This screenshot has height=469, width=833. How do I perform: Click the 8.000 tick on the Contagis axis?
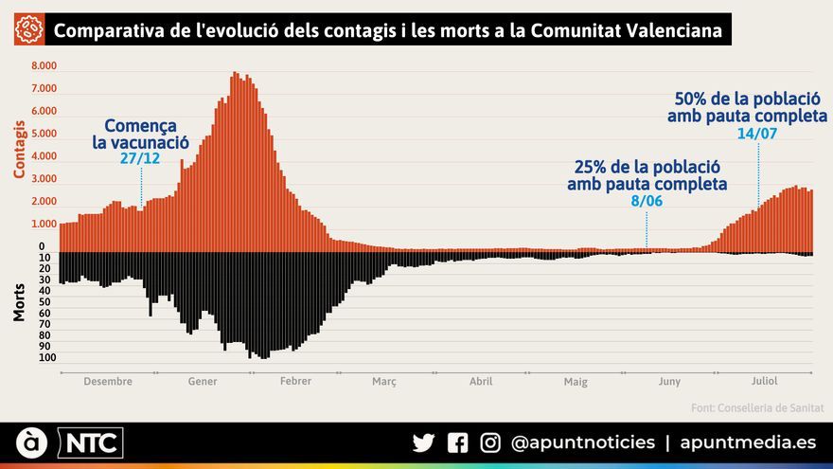(44, 66)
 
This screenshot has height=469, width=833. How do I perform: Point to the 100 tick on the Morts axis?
(47, 358)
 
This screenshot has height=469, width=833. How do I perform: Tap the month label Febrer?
(294, 381)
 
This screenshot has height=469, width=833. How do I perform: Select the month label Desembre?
(108, 381)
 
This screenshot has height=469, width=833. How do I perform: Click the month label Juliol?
(764, 381)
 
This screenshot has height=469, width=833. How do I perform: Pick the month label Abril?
(481, 381)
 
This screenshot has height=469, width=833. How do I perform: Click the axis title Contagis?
(19, 149)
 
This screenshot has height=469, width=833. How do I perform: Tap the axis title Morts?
(19, 302)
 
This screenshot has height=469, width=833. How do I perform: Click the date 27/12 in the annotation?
(140, 159)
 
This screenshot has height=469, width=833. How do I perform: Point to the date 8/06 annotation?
(647, 202)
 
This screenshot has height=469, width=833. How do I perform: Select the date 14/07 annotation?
(756, 134)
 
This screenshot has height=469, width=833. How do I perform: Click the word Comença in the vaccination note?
(140, 126)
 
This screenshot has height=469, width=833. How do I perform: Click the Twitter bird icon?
(423, 442)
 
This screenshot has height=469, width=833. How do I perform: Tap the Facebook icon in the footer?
(457, 442)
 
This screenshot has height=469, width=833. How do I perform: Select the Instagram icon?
(490, 442)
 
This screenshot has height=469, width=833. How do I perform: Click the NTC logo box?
(91, 442)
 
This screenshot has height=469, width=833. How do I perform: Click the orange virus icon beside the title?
(30, 31)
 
